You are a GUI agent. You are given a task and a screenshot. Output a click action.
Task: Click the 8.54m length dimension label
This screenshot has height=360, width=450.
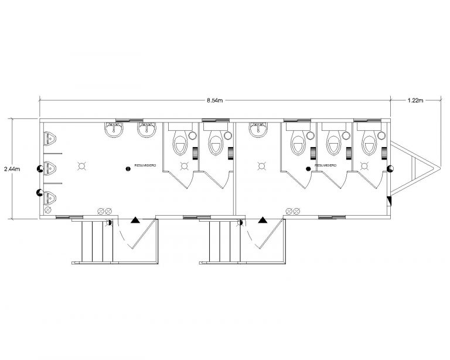[215, 100]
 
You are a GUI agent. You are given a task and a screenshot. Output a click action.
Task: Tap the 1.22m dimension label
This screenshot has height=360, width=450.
[415, 100]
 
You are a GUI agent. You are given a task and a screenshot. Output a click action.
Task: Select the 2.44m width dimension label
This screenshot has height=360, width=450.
[12, 169]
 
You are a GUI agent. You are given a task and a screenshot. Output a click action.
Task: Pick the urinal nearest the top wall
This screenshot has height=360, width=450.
[50, 138]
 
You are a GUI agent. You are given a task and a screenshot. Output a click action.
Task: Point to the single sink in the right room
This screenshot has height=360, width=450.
[258, 130]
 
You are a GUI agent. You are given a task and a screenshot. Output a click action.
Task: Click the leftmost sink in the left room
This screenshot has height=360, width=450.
[114, 130]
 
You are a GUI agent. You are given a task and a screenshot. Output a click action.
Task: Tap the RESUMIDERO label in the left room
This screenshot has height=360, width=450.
[145, 166]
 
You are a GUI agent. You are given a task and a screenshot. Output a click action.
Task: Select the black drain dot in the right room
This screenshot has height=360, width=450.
[308, 169]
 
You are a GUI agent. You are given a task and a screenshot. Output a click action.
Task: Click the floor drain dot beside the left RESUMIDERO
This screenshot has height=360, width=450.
[128, 169]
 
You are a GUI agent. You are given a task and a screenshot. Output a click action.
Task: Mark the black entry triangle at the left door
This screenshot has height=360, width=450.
[135, 220]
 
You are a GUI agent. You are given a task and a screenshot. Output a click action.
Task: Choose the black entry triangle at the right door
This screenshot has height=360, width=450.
[262, 220]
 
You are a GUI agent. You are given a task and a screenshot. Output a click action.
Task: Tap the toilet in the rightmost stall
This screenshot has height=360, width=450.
[369, 143]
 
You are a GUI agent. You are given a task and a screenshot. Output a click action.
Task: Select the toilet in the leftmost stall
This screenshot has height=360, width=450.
[180, 143]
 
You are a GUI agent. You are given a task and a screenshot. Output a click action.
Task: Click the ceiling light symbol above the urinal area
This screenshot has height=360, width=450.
[82, 166]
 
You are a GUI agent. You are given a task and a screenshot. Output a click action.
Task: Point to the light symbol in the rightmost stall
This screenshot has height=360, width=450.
[364, 166]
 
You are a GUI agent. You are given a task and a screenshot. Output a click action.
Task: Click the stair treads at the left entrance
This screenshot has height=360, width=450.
[97, 241]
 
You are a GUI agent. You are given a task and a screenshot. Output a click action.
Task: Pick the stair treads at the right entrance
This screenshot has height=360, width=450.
[225, 241]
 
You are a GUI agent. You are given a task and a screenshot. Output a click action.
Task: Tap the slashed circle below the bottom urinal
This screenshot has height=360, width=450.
[48, 210]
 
